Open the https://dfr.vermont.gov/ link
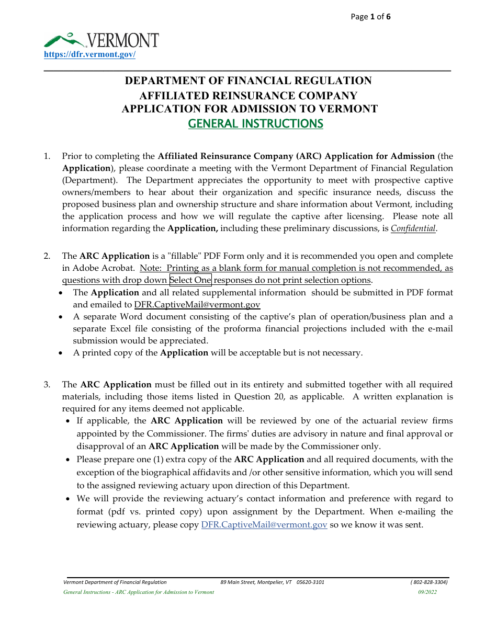coord(89,54)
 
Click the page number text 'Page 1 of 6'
coord(370,17)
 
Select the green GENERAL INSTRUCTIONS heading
coord(255,124)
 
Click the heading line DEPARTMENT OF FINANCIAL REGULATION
coord(248,81)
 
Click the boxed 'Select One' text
coord(190,280)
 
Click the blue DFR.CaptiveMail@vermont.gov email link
coord(264,525)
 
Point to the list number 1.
coord(47,156)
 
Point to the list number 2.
coord(47,256)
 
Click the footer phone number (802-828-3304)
coord(429,582)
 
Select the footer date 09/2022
coord(427,592)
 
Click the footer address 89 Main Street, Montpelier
coord(272,582)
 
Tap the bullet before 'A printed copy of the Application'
coord(62,353)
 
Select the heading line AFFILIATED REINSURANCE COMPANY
coord(248,96)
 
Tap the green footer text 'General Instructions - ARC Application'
coord(139,592)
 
